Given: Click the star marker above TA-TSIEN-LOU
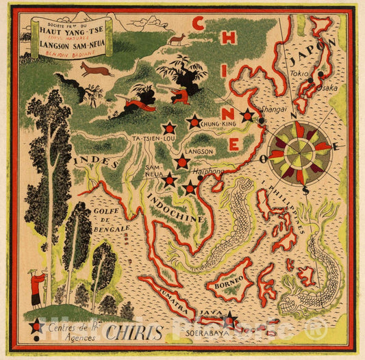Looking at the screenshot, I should [x=168, y=127].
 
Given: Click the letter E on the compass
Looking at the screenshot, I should [x=338, y=146].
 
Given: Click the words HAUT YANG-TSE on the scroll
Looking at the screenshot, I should [x=63, y=33].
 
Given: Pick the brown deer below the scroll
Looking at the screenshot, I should [x=95, y=69].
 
